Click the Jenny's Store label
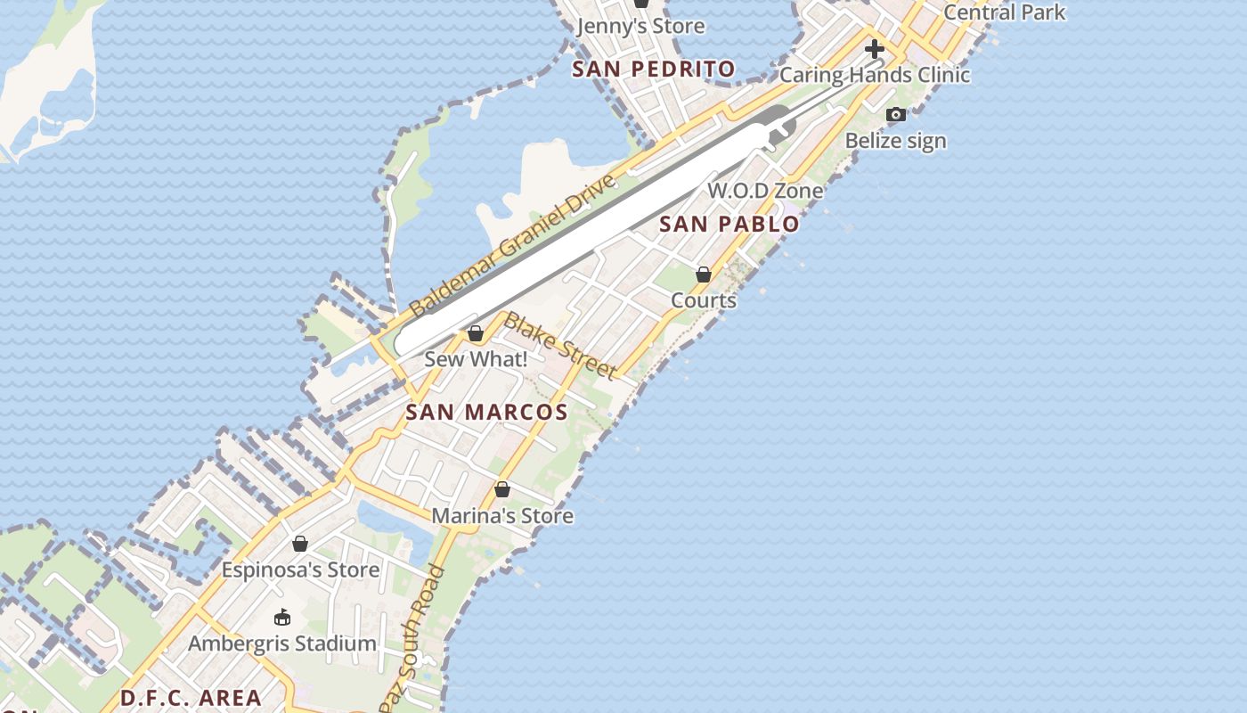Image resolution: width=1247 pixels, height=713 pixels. [x=640, y=26]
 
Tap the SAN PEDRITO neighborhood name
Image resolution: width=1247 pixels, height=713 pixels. [x=654, y=69]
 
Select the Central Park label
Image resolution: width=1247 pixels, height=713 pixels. [x=1004, y=12]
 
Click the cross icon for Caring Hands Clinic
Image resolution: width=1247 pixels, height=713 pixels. [x=874, y=49]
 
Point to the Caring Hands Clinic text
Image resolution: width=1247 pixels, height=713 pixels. [x=874, y=75]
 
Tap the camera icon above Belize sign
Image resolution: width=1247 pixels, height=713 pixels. [x=896, y=114]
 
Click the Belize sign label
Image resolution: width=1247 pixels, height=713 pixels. [x=895, y=141]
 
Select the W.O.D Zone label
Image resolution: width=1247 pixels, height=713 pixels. [x=765, y=190]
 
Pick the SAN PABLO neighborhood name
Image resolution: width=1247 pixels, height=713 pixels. [x=729, y=224]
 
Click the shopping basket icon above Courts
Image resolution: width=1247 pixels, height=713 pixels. [x=704, y=275]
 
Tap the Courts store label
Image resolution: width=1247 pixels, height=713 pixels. [x=704, y=300]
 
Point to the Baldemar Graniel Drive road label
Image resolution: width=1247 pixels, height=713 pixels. [x=513, y=245]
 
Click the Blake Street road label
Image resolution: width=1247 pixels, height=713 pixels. [x=560, y=345]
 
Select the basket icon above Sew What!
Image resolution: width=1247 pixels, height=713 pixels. [x=476, y=333]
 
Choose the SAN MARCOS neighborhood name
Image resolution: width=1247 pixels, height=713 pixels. [x=486, y=412]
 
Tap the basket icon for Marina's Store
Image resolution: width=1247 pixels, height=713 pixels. [x=502, y=489]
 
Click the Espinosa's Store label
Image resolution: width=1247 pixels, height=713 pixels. [x=300, y=570]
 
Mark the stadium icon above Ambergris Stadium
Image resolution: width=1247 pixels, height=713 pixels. [x=282, y=617]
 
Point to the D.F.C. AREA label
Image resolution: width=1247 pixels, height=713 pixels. [x=191, y=698]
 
